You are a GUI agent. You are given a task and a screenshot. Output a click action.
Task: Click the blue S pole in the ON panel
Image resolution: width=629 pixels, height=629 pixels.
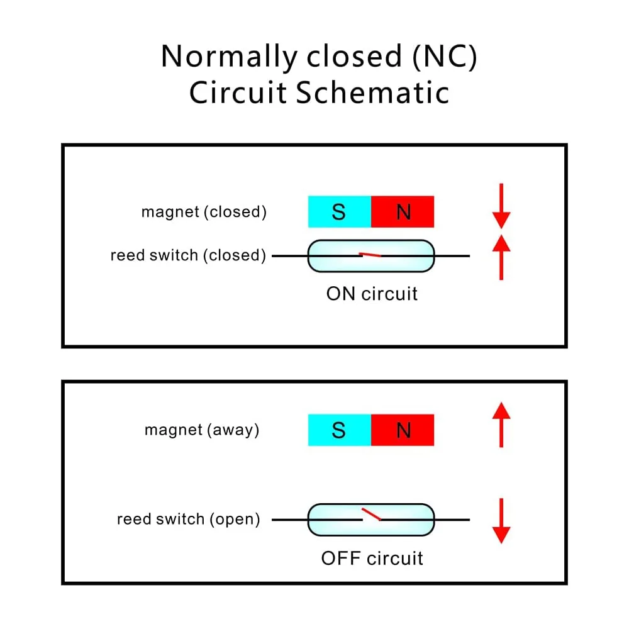point(339,212)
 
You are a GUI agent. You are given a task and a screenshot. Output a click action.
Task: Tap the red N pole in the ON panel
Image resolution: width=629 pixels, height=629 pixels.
point(403,212)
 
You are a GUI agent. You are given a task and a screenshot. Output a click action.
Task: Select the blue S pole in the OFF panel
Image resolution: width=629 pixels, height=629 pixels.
point(339,430)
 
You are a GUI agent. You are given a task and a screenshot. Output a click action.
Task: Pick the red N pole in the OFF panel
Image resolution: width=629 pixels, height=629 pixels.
point(403,430)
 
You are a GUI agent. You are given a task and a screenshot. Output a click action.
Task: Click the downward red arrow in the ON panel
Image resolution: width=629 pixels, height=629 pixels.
point(501,206)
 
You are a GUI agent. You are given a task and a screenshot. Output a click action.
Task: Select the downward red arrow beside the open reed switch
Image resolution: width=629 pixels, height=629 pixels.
point(501,520)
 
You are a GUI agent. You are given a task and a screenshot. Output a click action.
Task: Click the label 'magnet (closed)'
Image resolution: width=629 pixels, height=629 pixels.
point(204,212)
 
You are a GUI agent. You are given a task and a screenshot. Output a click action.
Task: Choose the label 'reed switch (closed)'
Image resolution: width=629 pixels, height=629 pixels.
point(188,255)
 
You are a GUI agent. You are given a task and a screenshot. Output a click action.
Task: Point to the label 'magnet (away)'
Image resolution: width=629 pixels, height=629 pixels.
point(202,430)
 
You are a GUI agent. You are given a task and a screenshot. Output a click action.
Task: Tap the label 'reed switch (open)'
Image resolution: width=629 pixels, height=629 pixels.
point(188,520)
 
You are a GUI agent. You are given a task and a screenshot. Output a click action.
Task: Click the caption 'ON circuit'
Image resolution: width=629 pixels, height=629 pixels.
point(372,294)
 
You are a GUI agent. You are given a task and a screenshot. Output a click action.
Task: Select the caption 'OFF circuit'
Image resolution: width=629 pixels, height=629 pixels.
point(372,558)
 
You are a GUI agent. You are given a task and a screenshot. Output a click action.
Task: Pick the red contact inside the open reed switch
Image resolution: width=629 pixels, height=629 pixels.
point(371,515)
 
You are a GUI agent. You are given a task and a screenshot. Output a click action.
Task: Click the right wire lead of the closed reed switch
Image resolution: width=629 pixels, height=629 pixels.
point(452,256)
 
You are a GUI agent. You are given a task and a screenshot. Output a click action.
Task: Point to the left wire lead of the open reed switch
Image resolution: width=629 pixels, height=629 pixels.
point(289,520)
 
